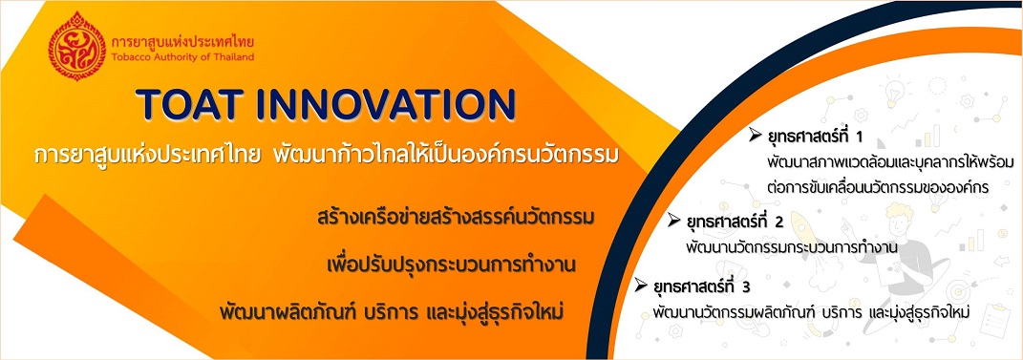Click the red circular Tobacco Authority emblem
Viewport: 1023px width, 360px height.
(x=77, y=45)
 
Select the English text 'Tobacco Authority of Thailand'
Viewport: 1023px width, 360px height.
(x=182, y=56)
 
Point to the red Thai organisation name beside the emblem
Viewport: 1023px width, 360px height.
(x=182, y=41)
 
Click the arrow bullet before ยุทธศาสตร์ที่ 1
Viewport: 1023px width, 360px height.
(x=756, y=135)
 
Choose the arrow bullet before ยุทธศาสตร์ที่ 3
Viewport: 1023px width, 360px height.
(x=641, y=285)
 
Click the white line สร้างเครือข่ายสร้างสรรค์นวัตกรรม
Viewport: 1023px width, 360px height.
(x=454, y=217)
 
